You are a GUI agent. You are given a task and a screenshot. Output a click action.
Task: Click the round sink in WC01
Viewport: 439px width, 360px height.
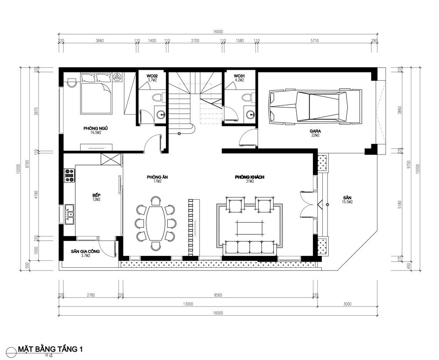[250, 115]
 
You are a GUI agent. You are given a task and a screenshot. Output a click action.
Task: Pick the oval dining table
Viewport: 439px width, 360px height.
[155, 223]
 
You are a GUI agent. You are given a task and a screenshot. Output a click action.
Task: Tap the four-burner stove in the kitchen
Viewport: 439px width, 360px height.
[69, 175]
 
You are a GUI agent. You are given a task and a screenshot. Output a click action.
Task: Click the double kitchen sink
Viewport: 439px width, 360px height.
[69, 215]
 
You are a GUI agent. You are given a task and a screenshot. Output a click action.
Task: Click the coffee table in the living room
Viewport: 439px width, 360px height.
[249, 227]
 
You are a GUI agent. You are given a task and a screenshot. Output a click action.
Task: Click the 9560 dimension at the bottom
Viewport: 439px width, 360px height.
[218, 295]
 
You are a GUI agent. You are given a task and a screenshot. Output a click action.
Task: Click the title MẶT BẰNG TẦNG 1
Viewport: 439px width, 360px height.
[50, 349]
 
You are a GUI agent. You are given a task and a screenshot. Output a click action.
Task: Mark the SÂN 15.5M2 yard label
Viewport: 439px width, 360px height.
[348, 200]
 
